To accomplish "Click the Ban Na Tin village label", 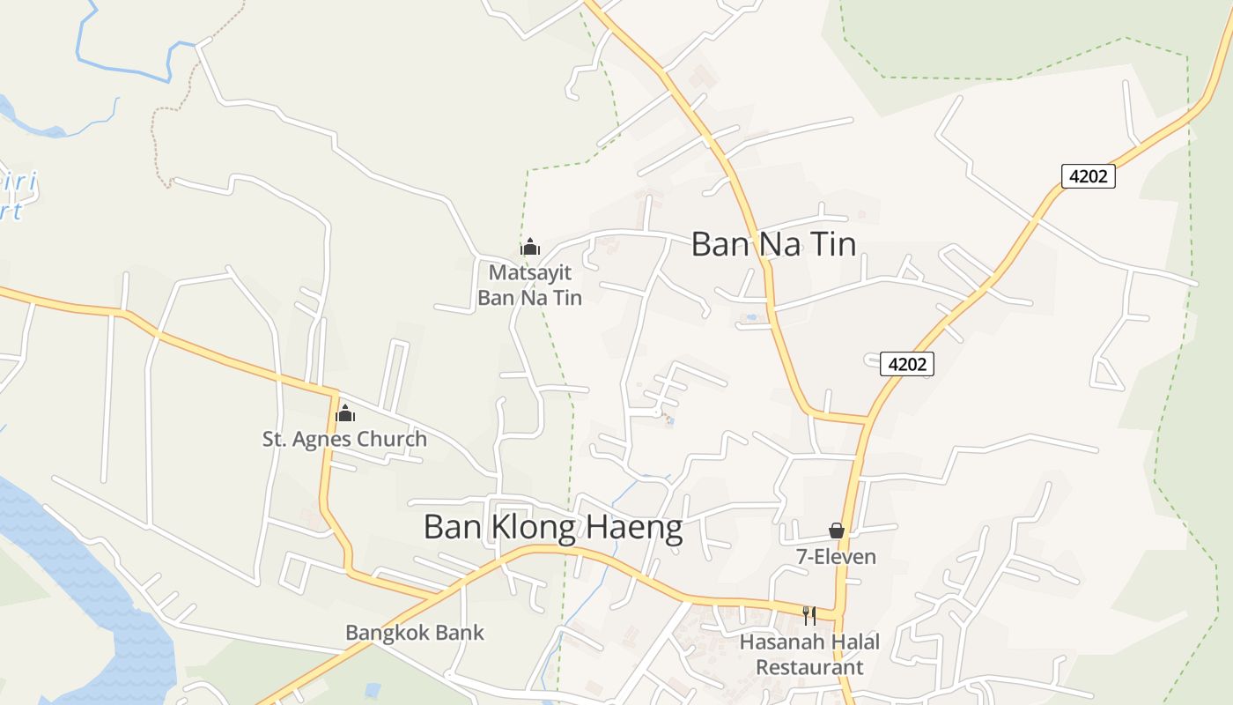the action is [773, 244].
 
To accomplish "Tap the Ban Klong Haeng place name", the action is [552, 527].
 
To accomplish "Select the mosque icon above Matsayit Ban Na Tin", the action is [530, 247].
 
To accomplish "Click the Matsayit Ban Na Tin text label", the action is [530, 285].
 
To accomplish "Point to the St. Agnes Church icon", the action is [345, 412].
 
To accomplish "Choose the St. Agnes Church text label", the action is [344, 438].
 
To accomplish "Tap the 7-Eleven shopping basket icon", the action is [837, 531].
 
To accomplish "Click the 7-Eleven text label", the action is [836, 557].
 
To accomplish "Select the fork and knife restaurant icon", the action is [808, 615].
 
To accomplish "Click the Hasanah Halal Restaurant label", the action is [809, 654].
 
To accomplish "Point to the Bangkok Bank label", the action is [415, 632].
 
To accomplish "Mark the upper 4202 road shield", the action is [1088, 176].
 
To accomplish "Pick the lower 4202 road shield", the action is [907, 363].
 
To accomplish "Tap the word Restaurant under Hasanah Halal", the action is [809, 667].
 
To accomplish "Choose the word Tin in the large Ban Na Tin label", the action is [831, 244].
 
